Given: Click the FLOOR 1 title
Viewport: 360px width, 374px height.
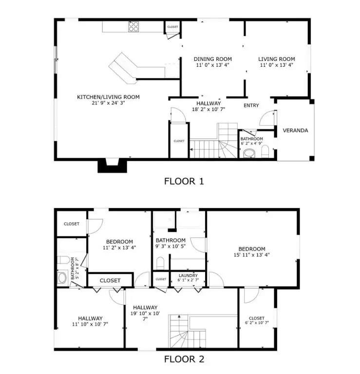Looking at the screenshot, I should (183, 181).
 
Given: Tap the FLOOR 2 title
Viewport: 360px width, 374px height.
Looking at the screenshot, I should (183, 360).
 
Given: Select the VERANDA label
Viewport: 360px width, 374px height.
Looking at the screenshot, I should (295, 131).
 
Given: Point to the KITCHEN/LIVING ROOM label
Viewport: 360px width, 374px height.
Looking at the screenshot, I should (108, 97).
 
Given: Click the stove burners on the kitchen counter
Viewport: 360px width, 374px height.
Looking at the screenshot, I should (134, 26).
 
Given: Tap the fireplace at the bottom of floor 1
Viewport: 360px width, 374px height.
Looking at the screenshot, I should (113, 166).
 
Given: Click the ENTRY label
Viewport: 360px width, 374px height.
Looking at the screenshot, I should (251, 105).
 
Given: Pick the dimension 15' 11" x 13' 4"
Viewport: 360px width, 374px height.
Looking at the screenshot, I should (252, 254).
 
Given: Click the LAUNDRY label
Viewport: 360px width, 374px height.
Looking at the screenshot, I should (188, 275).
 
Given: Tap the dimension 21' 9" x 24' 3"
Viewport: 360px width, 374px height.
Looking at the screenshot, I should (108, 103).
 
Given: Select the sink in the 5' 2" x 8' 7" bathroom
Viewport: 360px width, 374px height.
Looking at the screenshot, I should (62, 278).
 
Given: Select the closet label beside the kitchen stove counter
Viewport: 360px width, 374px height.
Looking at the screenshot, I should (172, 27).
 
